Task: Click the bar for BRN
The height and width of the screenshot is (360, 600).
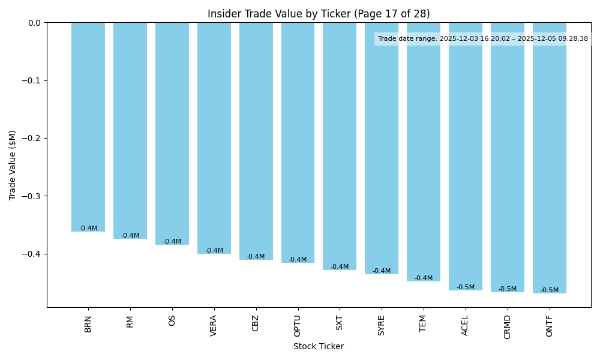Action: pyautogui.click(x=88, y=127)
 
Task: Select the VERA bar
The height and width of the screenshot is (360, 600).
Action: pyautogui.click(x=214, y=138)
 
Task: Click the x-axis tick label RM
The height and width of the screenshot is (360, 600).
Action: pyautogui.click(x=130, y=322)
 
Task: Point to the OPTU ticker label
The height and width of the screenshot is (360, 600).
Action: pyautogui.click(x=298, y=326)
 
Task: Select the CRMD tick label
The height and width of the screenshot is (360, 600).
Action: pyautogui.click(x=508, y=326)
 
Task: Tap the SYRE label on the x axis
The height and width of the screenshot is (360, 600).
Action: pyautogui.click(x=382, y=325)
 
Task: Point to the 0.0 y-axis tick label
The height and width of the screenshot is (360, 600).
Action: pyautogui.click(x=34, y=23)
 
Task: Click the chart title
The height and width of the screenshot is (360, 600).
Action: pyautogui.click(x=319, y=14)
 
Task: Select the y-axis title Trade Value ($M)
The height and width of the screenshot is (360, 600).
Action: pyautogui.click(x=13, y=165)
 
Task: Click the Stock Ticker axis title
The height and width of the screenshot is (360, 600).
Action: pyautogui.click(x=319, y=346)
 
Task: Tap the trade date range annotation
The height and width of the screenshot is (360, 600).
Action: pyautogui.click(x=483, y=39)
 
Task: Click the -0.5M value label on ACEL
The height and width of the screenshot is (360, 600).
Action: pyautogui.click(x=466, y=287)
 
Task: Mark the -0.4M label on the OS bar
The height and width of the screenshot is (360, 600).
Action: pyautogui.click(x=172, y=242)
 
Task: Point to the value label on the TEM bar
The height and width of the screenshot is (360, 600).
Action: pyautogui.click(x=424, y=278)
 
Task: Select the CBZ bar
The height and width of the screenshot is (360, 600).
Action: pyautogui.click(x=256, y=141)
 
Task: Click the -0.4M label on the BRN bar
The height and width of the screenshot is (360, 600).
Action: pyautogui.click(x=88, y=229)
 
